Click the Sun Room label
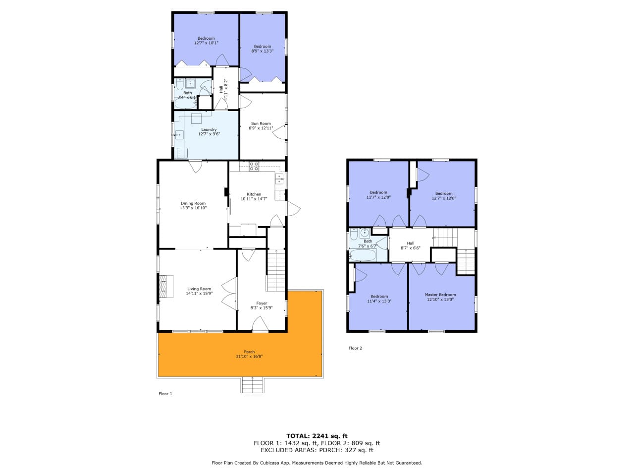tap(261, 123)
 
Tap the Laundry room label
tap(209, 129)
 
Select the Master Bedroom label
tap(440, 295)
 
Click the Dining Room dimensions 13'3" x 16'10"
tap(193, 208)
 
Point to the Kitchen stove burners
tap(254, 167)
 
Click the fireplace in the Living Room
tap(166, 286)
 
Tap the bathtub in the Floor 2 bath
tap(363, 255)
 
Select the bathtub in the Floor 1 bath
tap(186, 104)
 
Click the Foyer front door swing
tap(260, 323)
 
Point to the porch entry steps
tap(253, 385)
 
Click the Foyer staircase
tap(276, 271)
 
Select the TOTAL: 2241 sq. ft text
tap(317, 436)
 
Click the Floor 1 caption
tap(165, 394)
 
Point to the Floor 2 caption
tap(355, 348)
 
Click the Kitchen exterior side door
tap(292, 208)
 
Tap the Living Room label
tap(199, 289)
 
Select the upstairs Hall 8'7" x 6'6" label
tap(411, 245)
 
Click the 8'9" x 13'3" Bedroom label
tap(262, 49)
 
